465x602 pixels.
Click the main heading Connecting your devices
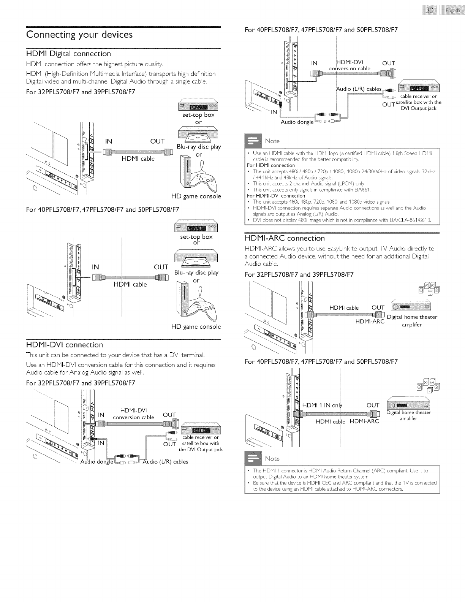pos(79,35)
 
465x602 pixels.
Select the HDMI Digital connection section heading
pos(68,54)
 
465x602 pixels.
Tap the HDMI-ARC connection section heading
pos(285,238)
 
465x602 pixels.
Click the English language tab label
pos(452,11)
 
